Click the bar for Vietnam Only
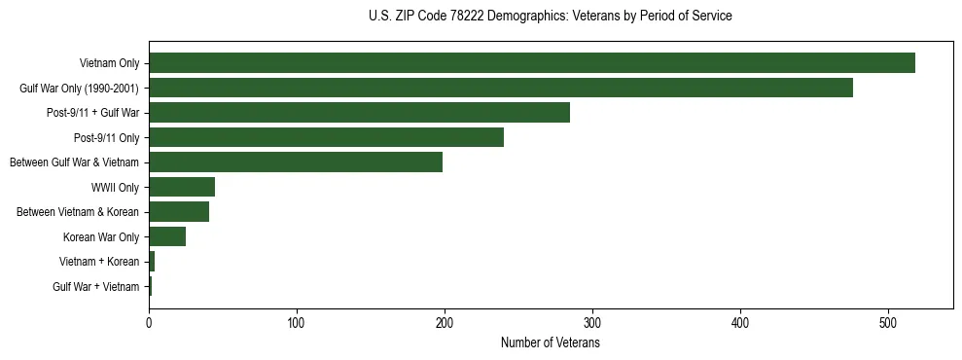point(531,63)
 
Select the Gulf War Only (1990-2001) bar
point(500,88)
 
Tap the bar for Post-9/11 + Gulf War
point(359,113)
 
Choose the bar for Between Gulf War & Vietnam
point(296,162)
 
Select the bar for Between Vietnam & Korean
point(179,212)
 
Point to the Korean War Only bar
point(167,236)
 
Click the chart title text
point(551,17)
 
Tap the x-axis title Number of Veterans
point(551,343)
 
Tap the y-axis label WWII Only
point(115,188)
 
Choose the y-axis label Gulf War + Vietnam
point(96,287)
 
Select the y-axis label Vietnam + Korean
point(99,262)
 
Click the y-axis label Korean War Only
point(101,237)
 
